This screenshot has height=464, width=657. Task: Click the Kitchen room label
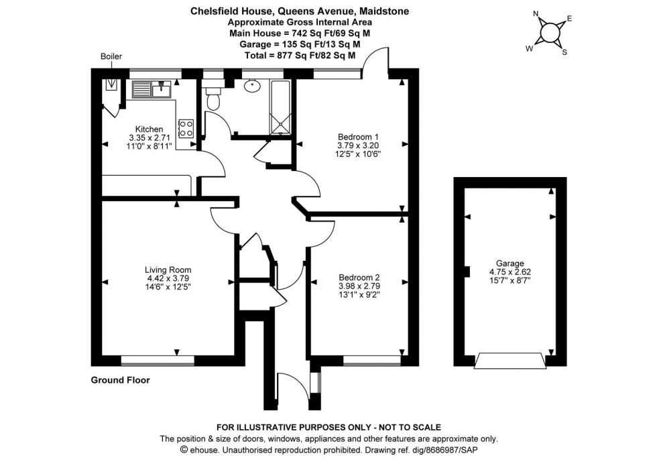click(149, 129)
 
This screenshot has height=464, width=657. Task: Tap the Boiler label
click(111, 57)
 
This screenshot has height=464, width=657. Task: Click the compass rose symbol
click(552, 32)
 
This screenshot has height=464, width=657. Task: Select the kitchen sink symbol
click(153, 89)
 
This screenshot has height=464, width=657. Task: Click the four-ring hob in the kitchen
click(186, 128)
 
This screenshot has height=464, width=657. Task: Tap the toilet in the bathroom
click(214, 99)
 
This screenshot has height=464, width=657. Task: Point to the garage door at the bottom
click(510, 362)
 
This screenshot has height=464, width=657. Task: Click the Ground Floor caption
click(120, 380)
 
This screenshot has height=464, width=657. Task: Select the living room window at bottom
click(158, 361)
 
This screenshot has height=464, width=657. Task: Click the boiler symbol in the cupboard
click(111, 85)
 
